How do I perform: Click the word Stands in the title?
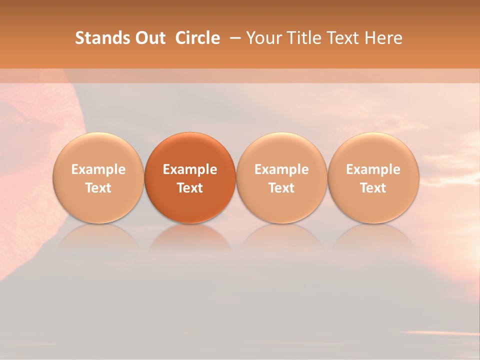point(97,38)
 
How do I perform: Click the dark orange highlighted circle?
point(190,178)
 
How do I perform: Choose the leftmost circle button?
point(98,178)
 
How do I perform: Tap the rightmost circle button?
point(373,178)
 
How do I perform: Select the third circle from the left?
point(281,178)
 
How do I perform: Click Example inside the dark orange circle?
point(190,169)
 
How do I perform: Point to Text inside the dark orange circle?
point(190,188)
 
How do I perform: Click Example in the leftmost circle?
point(98,169)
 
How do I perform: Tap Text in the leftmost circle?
point(98,188)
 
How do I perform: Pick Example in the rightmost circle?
point(373,169)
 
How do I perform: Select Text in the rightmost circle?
point(373,188)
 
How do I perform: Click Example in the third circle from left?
point(281,169)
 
